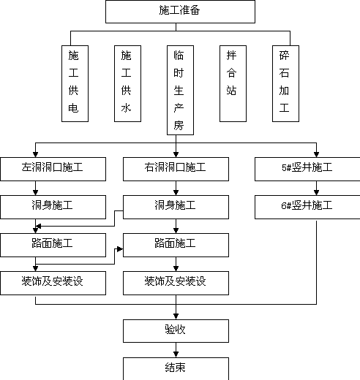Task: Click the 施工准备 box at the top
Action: pos(180,12)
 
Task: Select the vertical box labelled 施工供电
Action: pos(75,83)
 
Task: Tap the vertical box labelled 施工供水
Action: pos(127,83)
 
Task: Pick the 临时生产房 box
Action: pos(180,90)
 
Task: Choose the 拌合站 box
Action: pos(233,83)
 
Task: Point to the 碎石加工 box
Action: pos(285,83)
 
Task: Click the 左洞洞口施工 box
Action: pos(53,169)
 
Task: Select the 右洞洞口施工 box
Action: pos(176,169)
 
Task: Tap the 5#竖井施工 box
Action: pos(307,169)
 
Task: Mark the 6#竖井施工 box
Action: pos(307,207)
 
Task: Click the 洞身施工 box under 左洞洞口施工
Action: pos(53,207)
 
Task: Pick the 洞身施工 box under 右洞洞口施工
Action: pos(176,207)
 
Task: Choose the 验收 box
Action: pos(176,331)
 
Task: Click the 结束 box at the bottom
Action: pos(176,368)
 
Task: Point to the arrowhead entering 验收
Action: pos(176,316)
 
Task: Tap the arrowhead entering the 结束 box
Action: pos(176,354)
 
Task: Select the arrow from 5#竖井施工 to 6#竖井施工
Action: pos(316,188)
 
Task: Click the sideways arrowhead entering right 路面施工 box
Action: pos(120,249)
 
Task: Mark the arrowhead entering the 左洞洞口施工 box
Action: pos(35,154)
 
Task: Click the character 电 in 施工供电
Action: pos(73,108)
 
